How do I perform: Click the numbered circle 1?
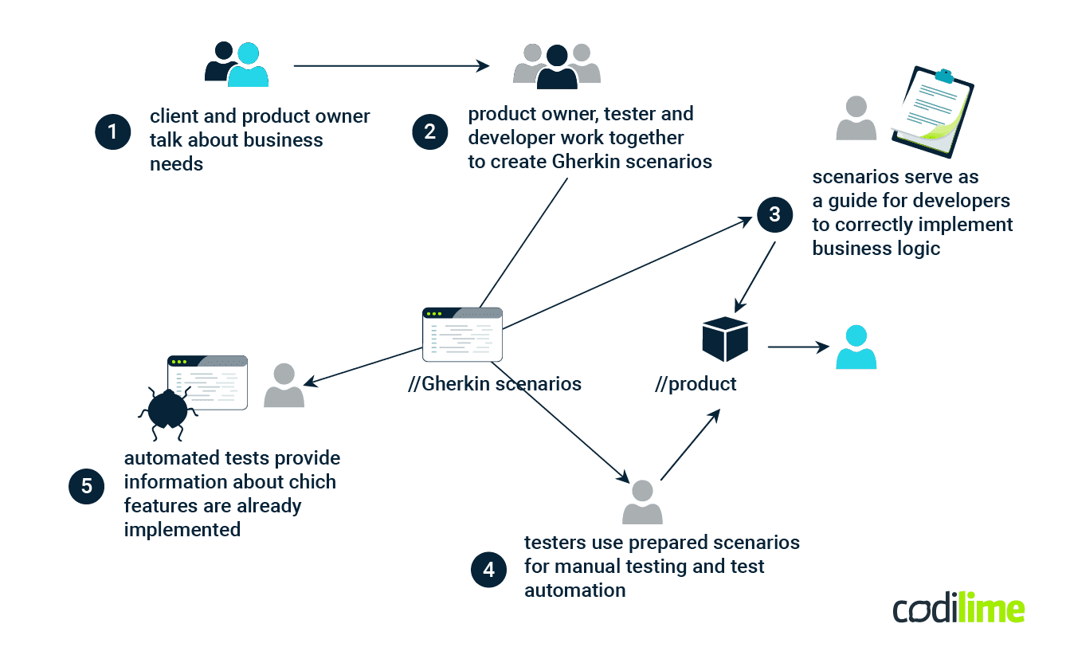pyautogui.click(x=112, y=132)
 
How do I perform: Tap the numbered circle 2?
pyautogui.click(x=429, y=131)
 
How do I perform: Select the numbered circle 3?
pyautogui.click(x=774, y=214)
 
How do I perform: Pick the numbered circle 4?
pyautogui.click(x=488, y=570)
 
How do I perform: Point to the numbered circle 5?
pyautogui.click(x=87, y=486)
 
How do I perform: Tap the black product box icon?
pyautogui.click(x=725, y=339)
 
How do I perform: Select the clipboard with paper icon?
pyautogui.click(x=933, y=112)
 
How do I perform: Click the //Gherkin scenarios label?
pyautogui.click(x=494, y=384)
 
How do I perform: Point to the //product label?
pyautogui.click(x=696, y=385)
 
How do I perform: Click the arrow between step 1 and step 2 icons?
pyautogui.click(x=391, y=66)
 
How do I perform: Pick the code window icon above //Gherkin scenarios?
pyautogui.click(x=462, y=334)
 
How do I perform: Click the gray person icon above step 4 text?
pyautogui.click(x=642, y=502)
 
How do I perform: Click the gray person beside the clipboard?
pyautogui.click(x=856, y=118)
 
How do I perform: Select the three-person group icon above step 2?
pyautogui.click(x=557, y=65)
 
